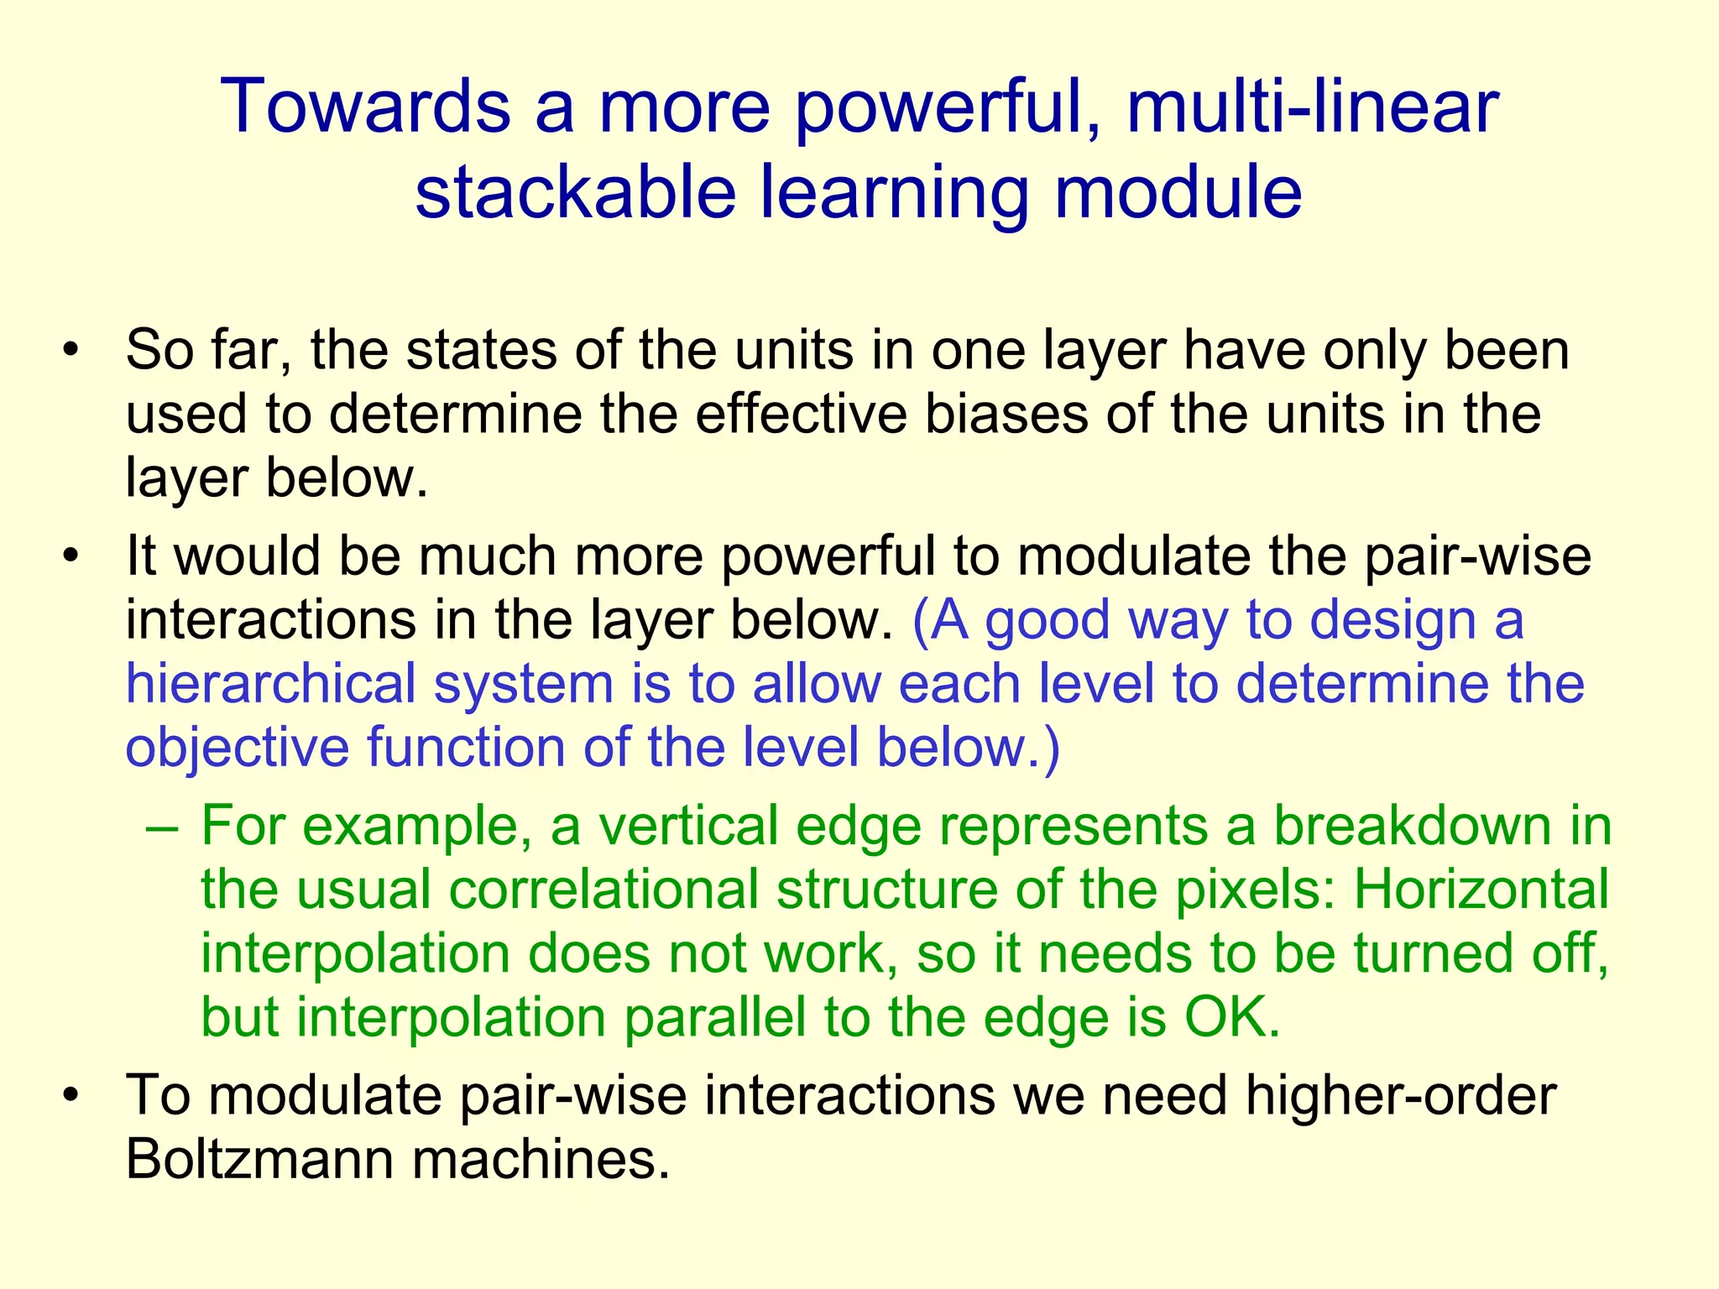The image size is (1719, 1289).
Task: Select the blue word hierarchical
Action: [270, 683]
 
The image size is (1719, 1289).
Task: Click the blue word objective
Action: [237, 747]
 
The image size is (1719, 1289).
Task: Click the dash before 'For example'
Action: [161, 827]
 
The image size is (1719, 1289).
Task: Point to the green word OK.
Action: [1231, 1017]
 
